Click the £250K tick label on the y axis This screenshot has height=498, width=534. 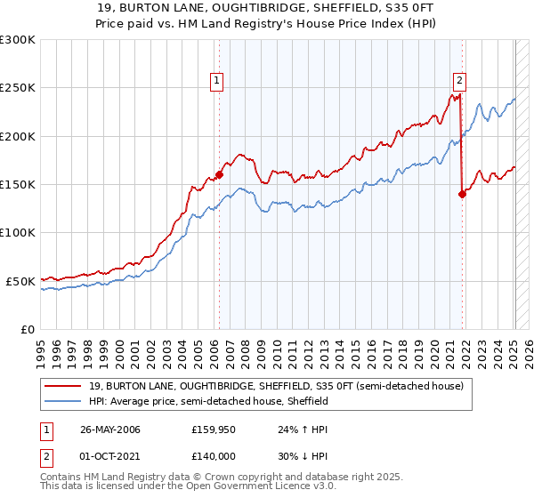coord(18,88)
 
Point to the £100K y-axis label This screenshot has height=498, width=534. coord(18,232)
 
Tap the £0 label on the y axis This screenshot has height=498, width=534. coord(27,329)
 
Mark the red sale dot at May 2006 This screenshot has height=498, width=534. coord(219,175)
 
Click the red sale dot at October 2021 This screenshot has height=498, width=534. coord(462,194)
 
